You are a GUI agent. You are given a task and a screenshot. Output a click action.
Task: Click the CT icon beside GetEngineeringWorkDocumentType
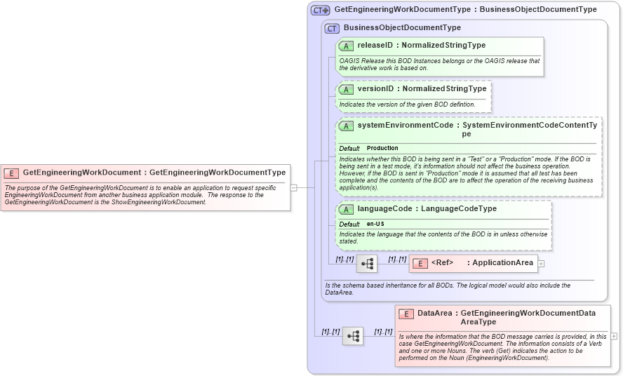coord(321,11)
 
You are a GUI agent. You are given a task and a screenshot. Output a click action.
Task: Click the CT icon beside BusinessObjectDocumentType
coord(332,28)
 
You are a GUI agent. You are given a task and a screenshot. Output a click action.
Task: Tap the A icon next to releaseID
coord(346,46)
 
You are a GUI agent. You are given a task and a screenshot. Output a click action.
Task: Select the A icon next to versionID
coord(346,89)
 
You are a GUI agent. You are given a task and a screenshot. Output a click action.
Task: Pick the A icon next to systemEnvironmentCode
coord(346,126)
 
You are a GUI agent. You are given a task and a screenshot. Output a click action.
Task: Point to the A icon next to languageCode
coord(346,209)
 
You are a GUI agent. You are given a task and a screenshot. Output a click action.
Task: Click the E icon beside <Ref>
coord(420,264)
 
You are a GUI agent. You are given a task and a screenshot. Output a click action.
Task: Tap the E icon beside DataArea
coord(406,314)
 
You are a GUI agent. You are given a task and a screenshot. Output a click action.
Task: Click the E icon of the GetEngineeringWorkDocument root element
coord(11,173)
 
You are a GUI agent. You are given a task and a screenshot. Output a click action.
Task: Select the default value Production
coord(382,149)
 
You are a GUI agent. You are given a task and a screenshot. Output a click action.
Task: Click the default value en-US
coord(375,224)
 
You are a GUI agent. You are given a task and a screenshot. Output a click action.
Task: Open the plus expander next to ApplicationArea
coord(541,264)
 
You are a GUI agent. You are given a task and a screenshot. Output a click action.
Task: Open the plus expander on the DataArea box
coord(614,336)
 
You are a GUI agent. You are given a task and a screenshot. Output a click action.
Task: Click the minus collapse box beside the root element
coord(294,187)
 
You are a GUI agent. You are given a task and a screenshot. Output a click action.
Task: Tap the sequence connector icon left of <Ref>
coord(367,264)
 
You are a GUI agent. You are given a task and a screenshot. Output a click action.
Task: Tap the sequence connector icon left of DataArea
coord(353,336)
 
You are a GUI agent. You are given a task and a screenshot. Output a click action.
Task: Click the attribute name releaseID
coord(377,46)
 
